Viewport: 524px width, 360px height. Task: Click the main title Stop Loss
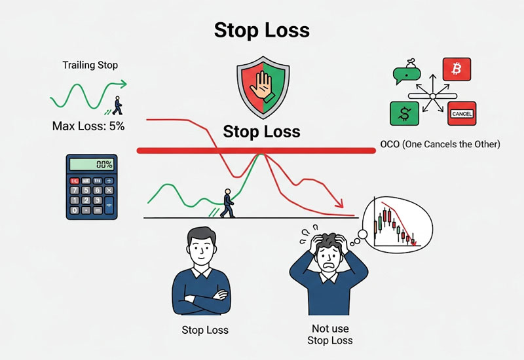tap(262, 31)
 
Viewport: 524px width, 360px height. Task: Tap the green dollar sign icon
tap(404, 114)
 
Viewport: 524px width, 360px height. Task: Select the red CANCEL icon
tap(461, 114)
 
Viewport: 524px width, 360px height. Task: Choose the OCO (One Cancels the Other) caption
tap(440, 144)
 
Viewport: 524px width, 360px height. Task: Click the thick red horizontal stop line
tap(255, 151)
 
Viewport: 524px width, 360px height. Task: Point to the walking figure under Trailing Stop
tap(117, 105)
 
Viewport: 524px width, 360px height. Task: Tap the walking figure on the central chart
tap(227, 203)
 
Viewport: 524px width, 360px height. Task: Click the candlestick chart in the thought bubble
tap(393, 226)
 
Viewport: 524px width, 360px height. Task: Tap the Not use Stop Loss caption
tap(330, 334)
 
